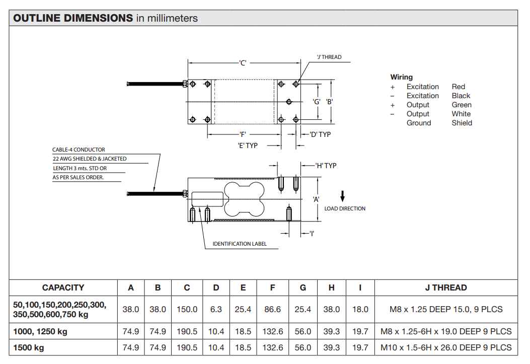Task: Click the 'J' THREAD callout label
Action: click(x=329, y=57)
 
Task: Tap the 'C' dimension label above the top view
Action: click(x=243, y=63)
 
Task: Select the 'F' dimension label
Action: click(x=243, y=134)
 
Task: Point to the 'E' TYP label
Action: click(x=248, y=145)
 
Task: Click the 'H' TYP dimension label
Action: click(x=326, y=166)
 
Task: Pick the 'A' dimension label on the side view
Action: click(x=316, y=199)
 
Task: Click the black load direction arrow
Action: click(x=342, y=196)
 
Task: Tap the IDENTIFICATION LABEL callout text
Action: click(x=239, y=244)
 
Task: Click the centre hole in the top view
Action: click(x=289, y=102)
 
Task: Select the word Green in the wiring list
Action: click(x=462, y=105)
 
